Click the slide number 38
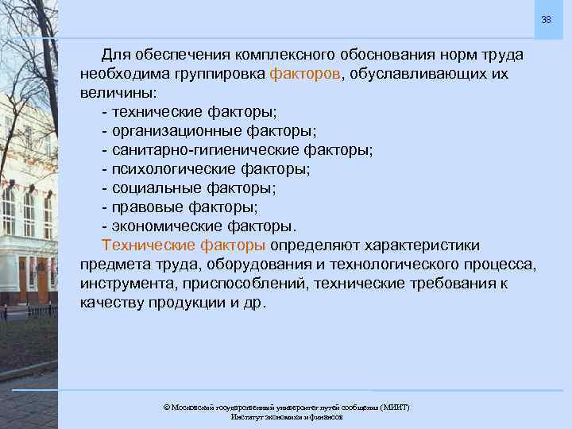point(546,19)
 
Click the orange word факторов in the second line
point(306,74)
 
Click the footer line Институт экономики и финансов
point(286,417)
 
